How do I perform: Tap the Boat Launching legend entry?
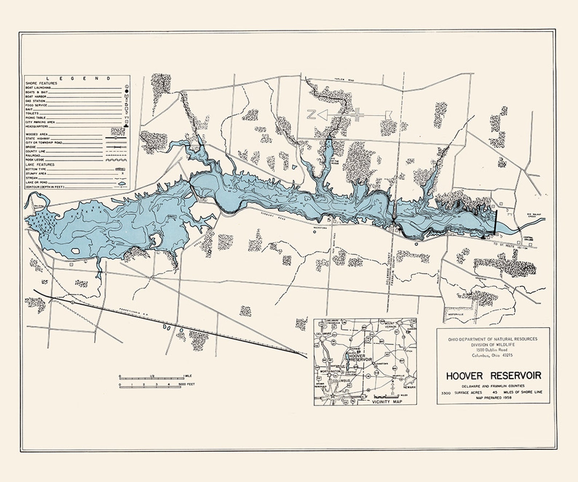tap(38, 88)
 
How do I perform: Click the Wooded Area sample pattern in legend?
tap(118, 132)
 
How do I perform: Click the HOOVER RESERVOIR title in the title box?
tap(494, 376)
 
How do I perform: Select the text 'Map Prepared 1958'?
tap(494, 398)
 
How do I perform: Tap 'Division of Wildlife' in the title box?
tap(494, 344)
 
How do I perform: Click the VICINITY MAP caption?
tap(387, 401)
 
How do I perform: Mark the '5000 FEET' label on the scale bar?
tap(187, 384)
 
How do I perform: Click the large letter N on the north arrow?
tap(312, 115)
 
